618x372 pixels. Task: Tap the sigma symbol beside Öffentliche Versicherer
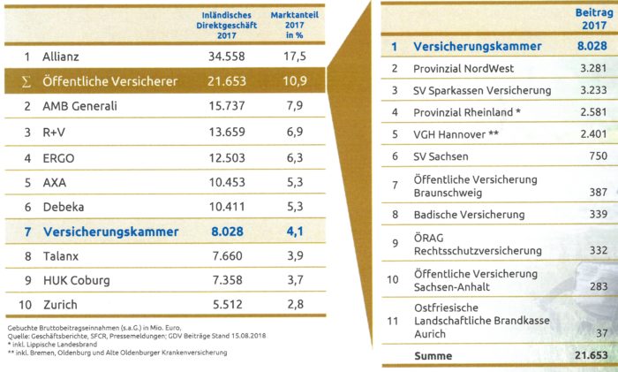26,81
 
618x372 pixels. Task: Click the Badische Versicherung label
469,214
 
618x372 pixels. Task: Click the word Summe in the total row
433,355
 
